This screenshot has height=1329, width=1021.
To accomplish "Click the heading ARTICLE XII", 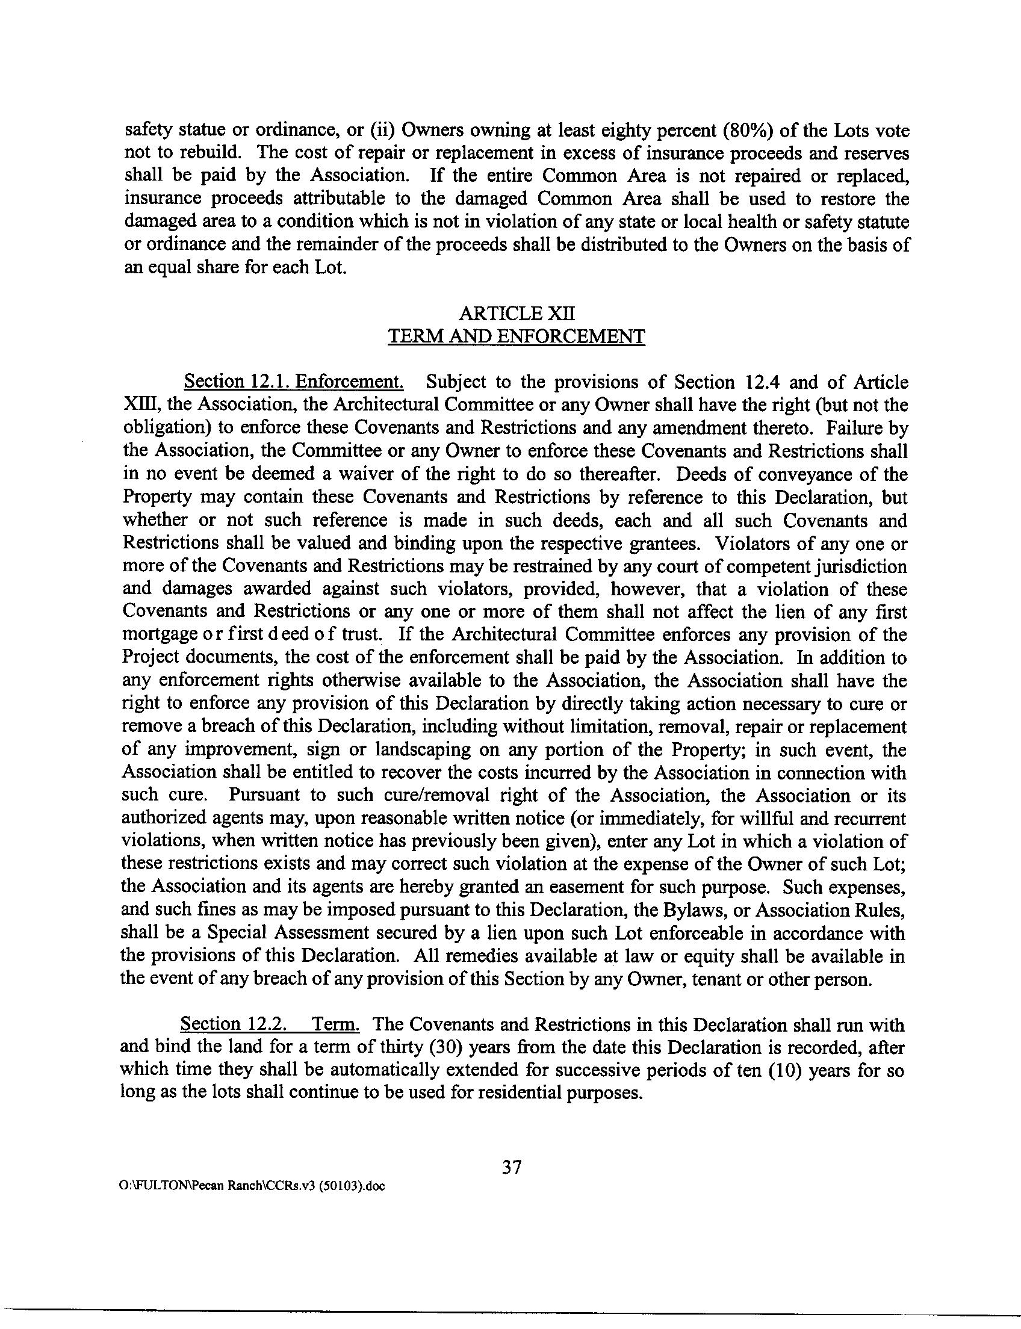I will pyautogui.click(x=516, y=313).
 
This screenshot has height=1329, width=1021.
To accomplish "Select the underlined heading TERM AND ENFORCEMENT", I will pyautogui.click(x=516, y=336).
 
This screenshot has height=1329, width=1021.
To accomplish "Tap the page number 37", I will pyautogui.click(x=512, y=1166).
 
